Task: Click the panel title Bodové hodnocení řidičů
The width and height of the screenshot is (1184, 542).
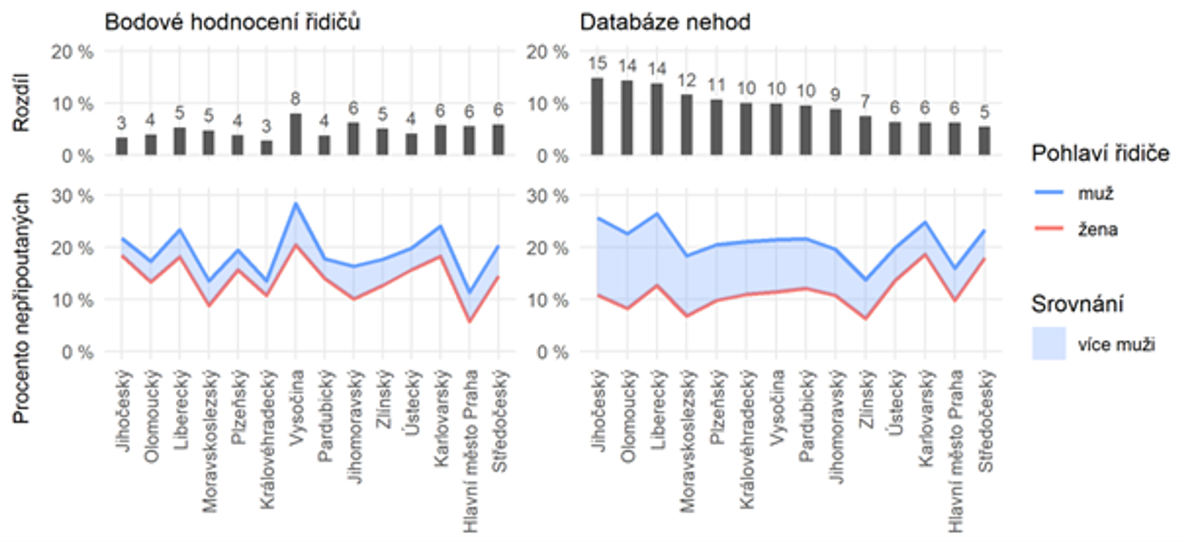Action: click(232, 23)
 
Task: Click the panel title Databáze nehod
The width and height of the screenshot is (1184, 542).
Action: click(665, 23)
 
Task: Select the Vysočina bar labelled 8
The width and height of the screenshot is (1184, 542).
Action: click(296, 134)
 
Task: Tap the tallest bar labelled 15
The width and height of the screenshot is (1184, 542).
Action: click(597, 116)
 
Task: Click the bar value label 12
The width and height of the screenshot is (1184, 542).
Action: click(687, 80)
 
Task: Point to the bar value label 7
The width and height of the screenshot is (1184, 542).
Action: click(865, 102)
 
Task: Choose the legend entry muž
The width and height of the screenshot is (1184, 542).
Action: click(1096, 193)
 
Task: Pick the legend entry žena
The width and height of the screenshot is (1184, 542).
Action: click(1098, 229)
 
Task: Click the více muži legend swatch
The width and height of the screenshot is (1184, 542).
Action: click(1049, 343)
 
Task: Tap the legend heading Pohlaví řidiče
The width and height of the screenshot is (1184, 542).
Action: click(1100, 154)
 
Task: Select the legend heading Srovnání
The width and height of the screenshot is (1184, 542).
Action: click(1077, 304)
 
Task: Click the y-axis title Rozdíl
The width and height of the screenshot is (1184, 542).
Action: click(21, 103)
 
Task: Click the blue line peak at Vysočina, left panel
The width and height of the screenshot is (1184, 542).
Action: click(296, 203)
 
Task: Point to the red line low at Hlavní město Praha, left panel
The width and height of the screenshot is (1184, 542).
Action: click(470, 322)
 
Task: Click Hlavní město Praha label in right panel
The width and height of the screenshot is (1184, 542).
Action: click(956, 451)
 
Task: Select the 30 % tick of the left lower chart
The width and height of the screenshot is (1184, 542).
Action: click(73, 196)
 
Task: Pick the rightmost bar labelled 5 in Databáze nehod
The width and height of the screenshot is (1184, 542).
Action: click(985, 141)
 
